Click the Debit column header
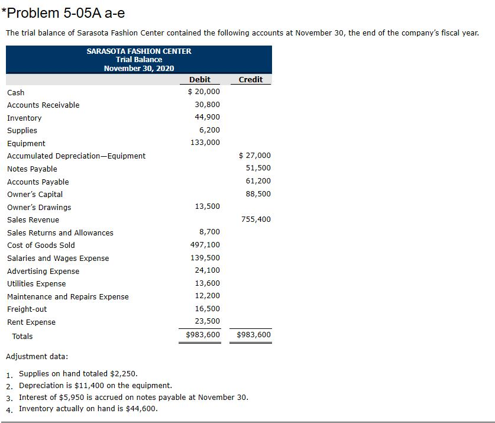pyautogui.click(x=199, y=79)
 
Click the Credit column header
pyautogui.click(x=251, y=79)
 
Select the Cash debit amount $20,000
pyautogui.click(x=203, y=92)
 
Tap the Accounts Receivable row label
pyautogui.click(x=43, y=105)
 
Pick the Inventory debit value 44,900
pyautogui.click(x=207, y=117)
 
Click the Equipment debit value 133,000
pyautogui.click(x=205, y=143)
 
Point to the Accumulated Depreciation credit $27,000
pyautogui.click(x=254, y=156)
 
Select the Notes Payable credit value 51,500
pyautogui.click(x=258, y=168)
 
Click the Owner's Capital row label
pyautogui.click(x=35, y=194)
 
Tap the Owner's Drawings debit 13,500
pyautogui.click(x=207, y=206)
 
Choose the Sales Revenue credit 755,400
pyautogui.click(x=256, y=219)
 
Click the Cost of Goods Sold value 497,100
pyautogui.click(x=205, y=245)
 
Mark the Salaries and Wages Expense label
pyautogui.click(x=58, y=258)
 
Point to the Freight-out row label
pyautogui.click(x=27, y=309)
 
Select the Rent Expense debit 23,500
pyautogui.click(x=207, y=321)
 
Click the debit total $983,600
pyautogui.click(x=203, y=335)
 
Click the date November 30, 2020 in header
pyautogui.click(x=139, y=68)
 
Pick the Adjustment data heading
pyautogui.click(x=36, y=356)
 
